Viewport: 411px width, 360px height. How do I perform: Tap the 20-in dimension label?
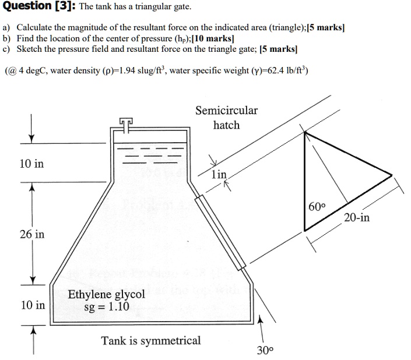coord(356,218)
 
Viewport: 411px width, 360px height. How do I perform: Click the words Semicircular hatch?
coord(226,117)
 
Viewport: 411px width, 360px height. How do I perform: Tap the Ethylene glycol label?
coord(106,294)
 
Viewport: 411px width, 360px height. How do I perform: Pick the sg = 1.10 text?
coord(106,306)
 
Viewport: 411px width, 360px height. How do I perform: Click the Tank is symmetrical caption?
coord(151,340)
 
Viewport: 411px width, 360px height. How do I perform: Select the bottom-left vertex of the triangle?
coord(304,230)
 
